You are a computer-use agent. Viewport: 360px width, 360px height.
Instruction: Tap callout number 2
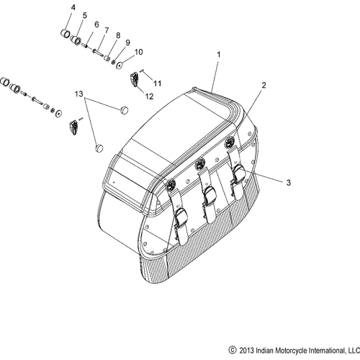(x=264, y=85)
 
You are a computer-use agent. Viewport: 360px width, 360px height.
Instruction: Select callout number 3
(x=288, y=184)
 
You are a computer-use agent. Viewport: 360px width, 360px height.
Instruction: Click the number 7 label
(x=106, y=30)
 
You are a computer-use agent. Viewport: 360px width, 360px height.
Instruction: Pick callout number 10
(x=139, y=52)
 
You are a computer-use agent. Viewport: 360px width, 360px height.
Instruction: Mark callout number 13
(x=80, y=94)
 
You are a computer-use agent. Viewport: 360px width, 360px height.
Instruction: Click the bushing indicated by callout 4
(x=63, y=34)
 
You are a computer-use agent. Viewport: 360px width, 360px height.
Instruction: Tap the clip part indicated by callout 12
(x=134, y=78)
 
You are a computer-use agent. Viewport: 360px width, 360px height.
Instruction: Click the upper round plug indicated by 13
(x=123, y=110)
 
